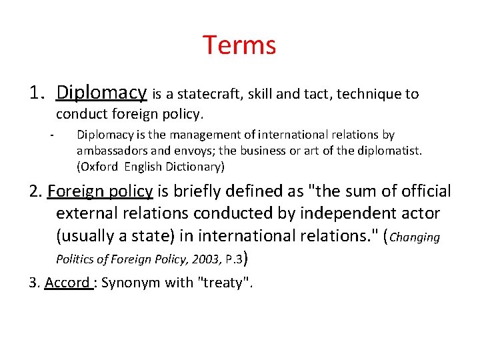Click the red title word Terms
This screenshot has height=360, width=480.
point(239,45)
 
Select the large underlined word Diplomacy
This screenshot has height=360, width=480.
point(102,92)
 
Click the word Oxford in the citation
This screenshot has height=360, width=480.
point(100,166)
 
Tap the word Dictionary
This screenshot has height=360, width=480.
point(191,166)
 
